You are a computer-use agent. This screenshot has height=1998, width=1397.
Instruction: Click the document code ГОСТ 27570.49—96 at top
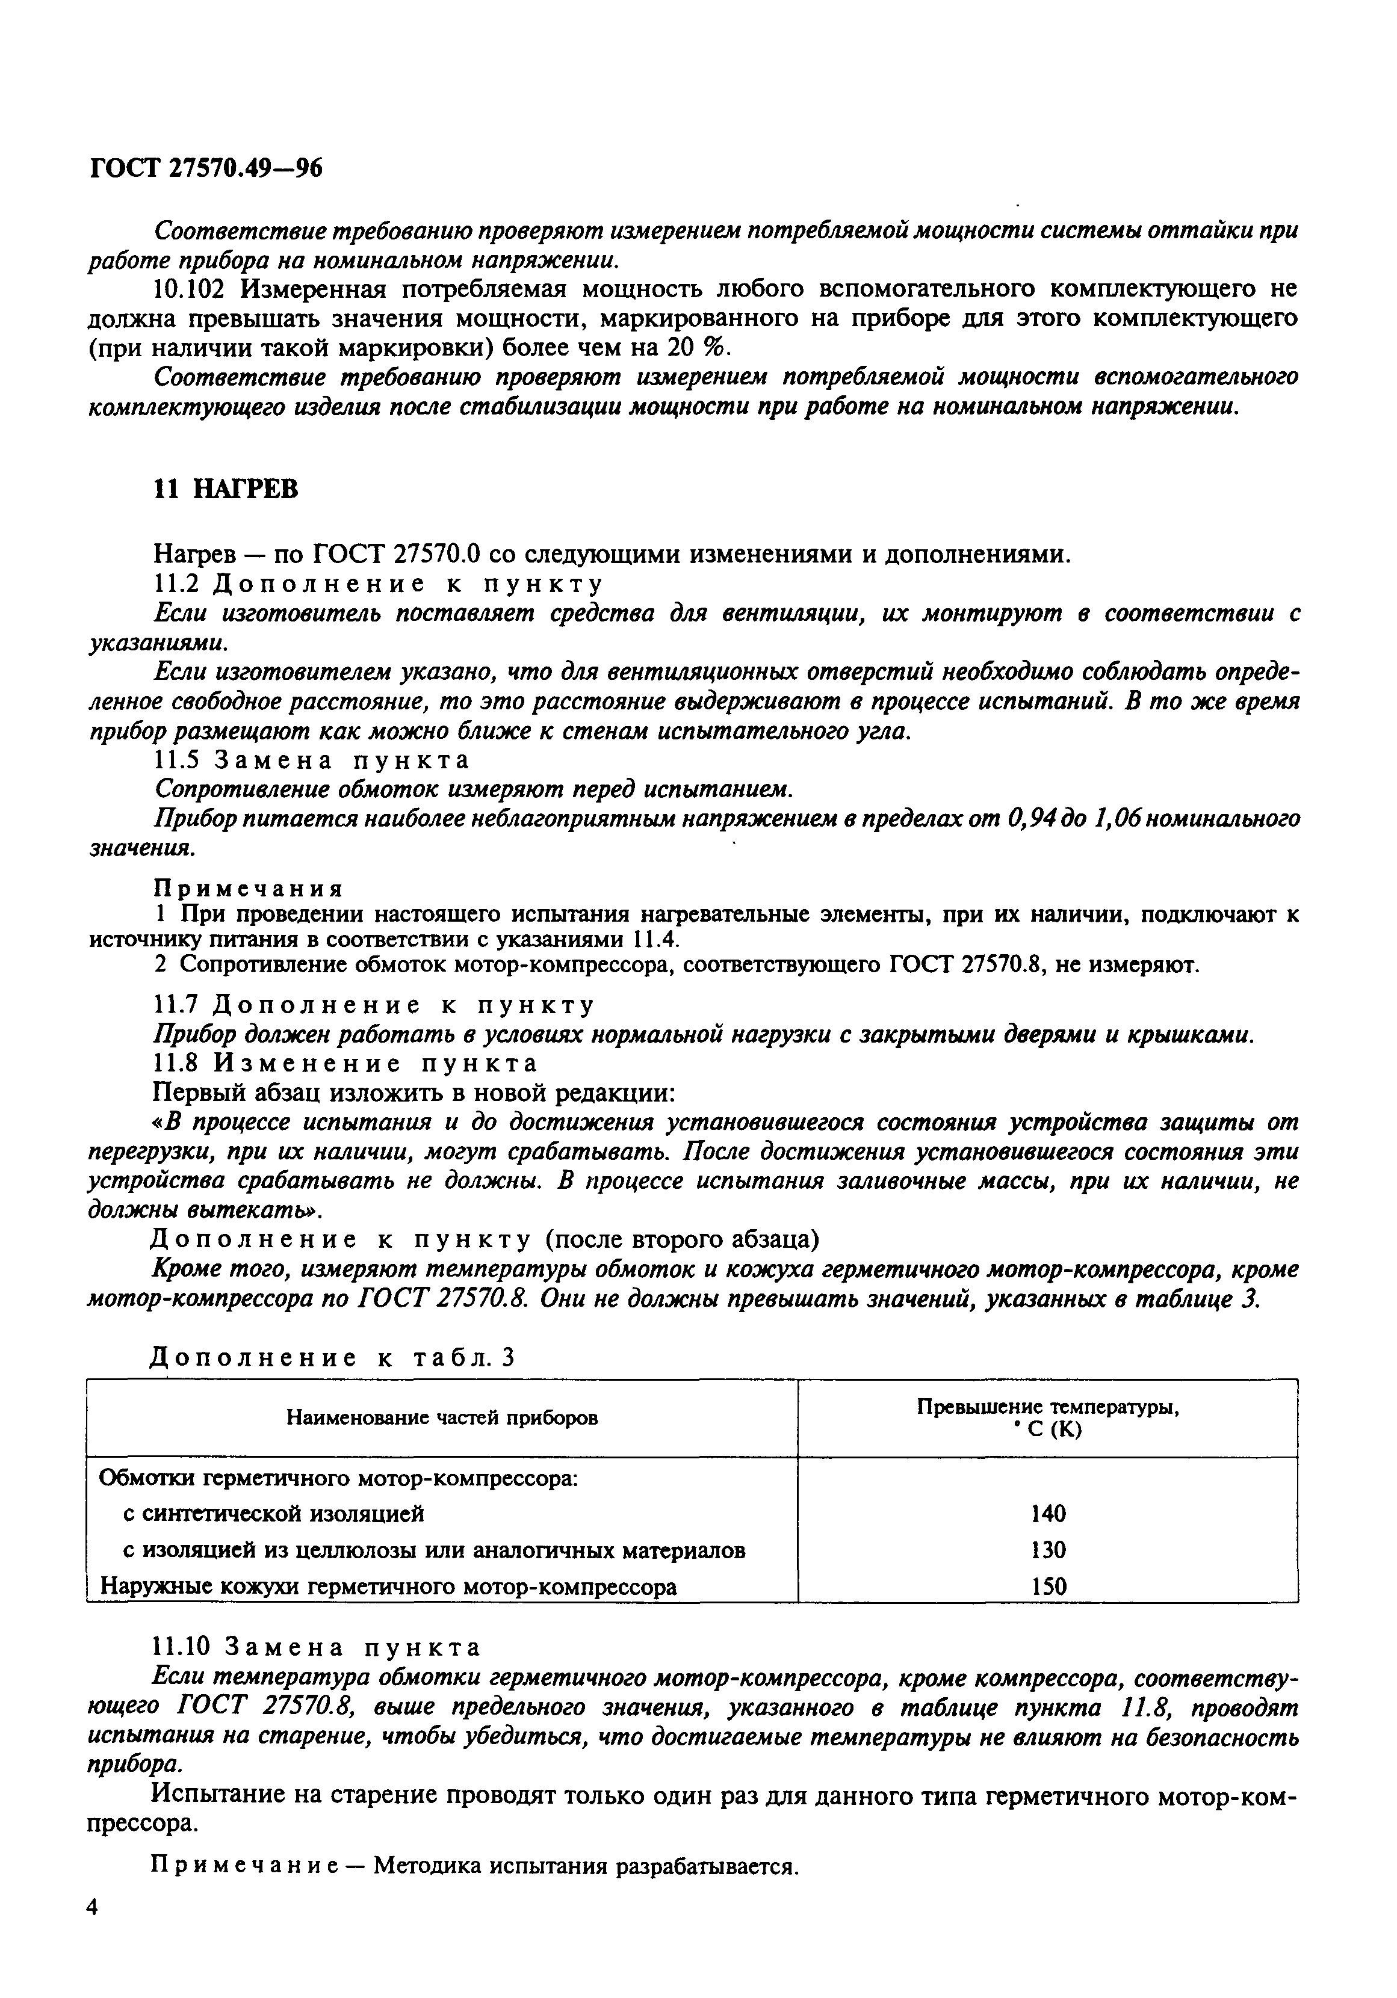click(x=205, y=167)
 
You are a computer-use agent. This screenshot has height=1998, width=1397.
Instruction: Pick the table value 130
click(x=1047, y=1550)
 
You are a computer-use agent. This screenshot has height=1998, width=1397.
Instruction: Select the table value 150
click(x=1047, y=1586)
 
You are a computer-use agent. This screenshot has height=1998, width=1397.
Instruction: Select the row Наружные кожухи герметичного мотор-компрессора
click(x=388, y=1586)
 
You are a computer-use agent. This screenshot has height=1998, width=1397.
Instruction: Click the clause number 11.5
click(x=176, y=760)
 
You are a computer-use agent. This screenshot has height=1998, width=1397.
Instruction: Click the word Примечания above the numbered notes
click(x=248, y=889)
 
